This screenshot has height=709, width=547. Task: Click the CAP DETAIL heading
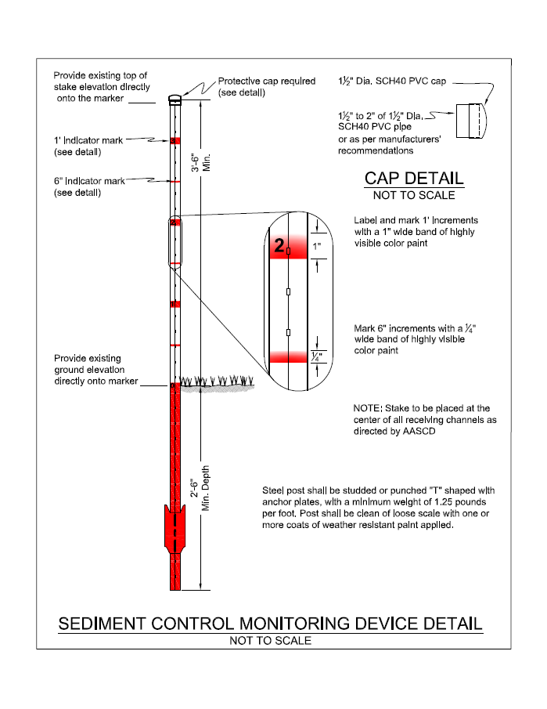pyautogui.click(x=414, y=179)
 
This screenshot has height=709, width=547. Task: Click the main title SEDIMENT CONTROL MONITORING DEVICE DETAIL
pyautogui.click(x=271, y=624)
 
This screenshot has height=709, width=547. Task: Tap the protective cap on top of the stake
pyautogui.click(x=175, y=99)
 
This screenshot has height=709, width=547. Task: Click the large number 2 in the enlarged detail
pyautogui.click(x=279, y=248)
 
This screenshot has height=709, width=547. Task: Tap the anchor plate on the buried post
pyautogui.click(x=175, y=526)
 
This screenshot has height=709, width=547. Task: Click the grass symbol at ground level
pyautogui.click(x=218, y=382)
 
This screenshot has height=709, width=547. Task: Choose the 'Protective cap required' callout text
pyautogui.click(x=266, y=81)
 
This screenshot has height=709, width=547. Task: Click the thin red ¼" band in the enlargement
pyautogui.click(x=289, y=357)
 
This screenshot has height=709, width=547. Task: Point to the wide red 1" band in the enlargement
pyautogui.click(x=289, y=248)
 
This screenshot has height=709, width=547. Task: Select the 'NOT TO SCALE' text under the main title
pyautogui.click(x=270, y=641)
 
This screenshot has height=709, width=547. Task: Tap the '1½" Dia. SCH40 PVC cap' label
pyautogui.click(x=391, y=81)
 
